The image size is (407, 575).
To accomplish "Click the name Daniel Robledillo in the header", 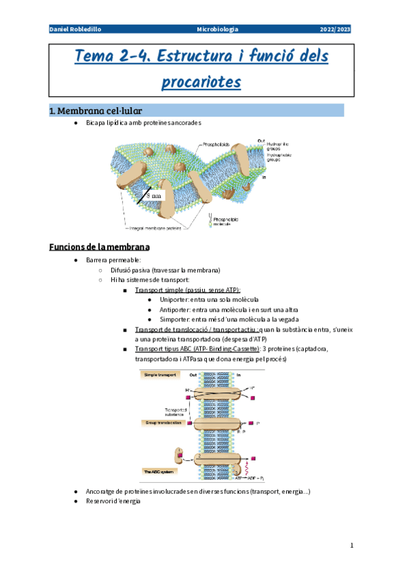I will (x=75, y=30).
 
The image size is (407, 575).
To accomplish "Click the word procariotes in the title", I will (x=202, y=82).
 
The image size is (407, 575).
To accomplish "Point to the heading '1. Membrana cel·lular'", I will (x=95, y=110).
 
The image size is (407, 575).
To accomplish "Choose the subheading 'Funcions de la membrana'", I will (x=99, y=246).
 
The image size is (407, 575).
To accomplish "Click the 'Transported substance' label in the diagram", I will (x=176, y=412).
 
